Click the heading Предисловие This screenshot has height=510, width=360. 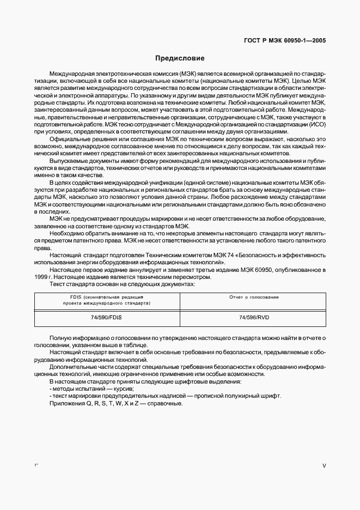click(x=180, y=58)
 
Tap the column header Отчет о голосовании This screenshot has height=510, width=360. click(x=254, y=297)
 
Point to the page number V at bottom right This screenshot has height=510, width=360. click(x=324, y=466)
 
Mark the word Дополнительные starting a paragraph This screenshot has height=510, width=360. click(x=72, y=367)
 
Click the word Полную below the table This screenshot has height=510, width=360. click(x=60, y=338)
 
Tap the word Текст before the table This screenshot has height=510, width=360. click(x=58, y=283)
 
